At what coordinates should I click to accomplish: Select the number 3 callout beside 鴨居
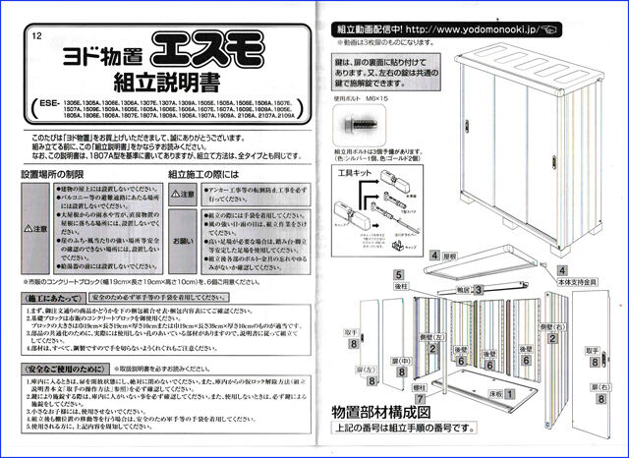click(x=478, y=290)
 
